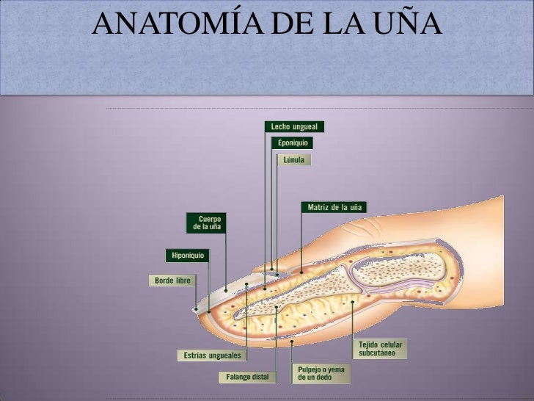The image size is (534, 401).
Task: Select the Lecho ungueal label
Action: [293, 126]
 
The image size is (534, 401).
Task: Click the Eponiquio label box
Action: [293, 142]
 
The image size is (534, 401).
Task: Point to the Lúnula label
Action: [293, 159]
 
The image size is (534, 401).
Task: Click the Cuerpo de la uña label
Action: [208, 223]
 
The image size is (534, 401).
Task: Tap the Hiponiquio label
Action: [188, 256]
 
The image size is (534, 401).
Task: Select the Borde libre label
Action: [172, 280]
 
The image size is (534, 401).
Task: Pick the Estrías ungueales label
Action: [212, 355]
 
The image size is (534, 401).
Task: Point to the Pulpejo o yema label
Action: [321, 372]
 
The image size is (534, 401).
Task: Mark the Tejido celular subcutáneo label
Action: [381, 348]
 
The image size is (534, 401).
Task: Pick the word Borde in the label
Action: [164, 280]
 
